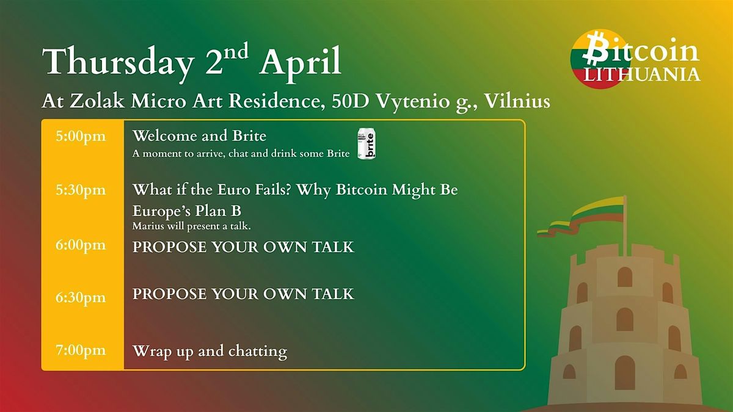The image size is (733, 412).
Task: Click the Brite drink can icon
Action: (366, 144)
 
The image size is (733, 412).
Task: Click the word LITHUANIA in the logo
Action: (640, 74)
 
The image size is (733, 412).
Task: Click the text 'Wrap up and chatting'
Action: (210, 351)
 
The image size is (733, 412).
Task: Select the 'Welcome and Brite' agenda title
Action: (199, 136)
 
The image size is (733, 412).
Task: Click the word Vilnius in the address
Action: (517, 101)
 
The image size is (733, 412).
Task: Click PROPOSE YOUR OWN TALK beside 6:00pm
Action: (243, 247)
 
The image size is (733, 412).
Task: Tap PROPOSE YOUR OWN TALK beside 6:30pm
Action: (243, 294)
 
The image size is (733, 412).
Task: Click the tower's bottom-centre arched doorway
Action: (624, 372)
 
